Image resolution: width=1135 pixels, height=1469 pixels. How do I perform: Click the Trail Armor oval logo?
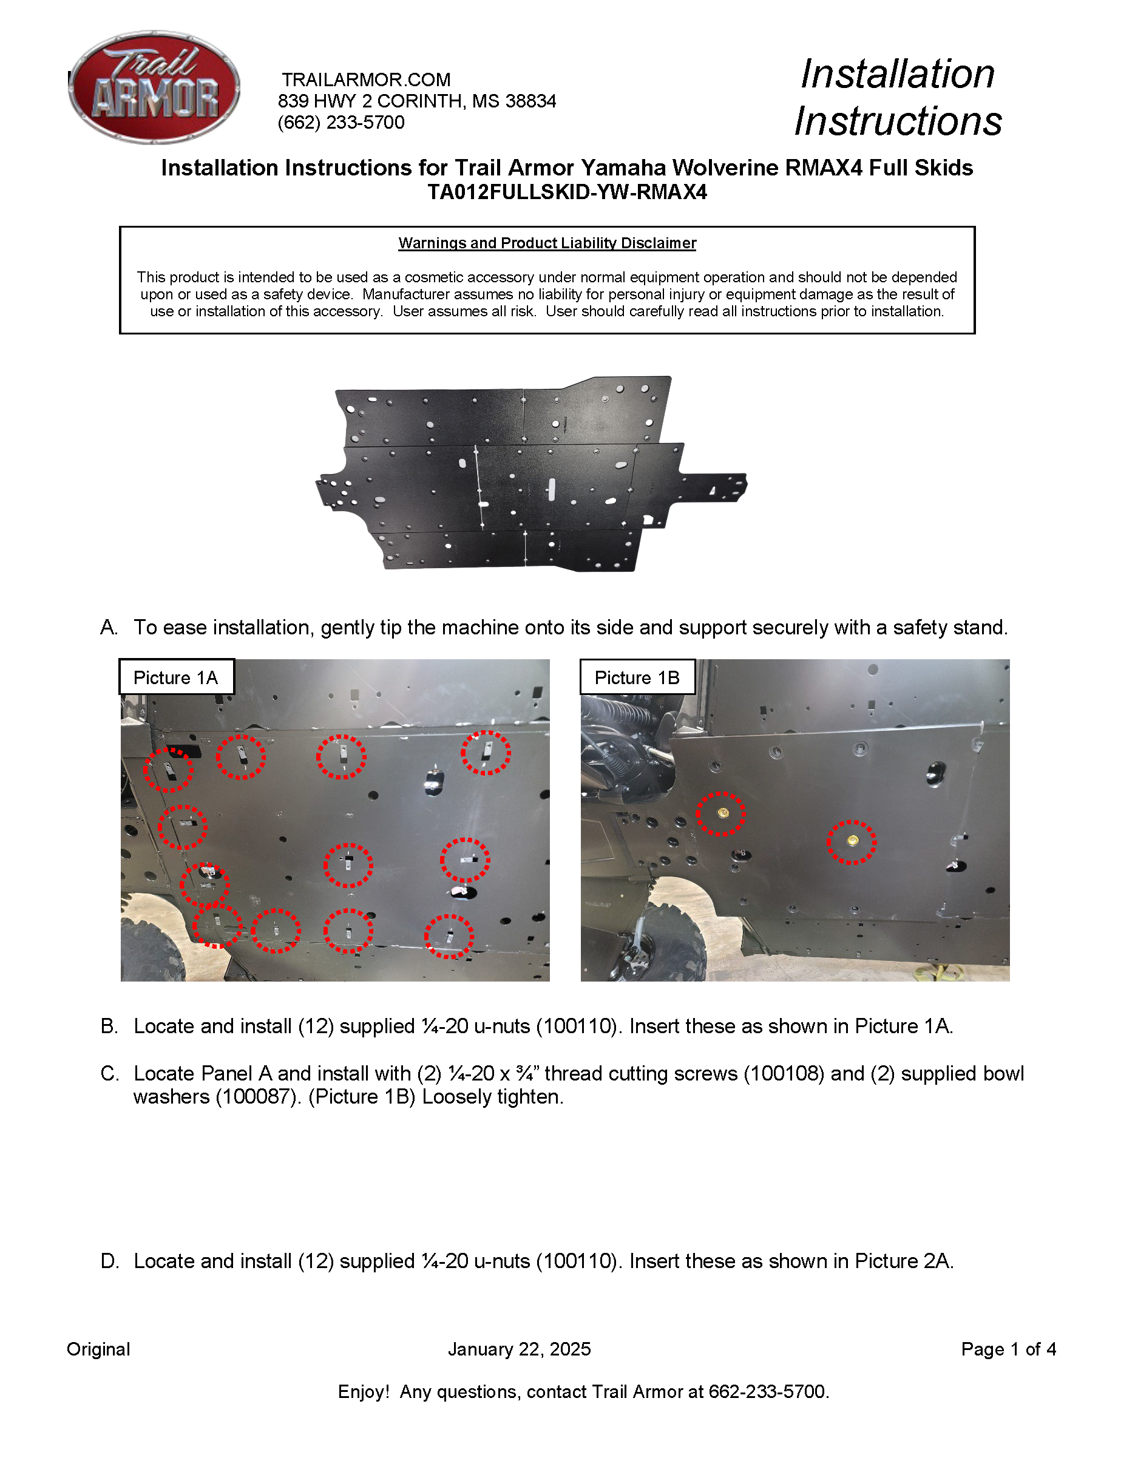click(x=154, y=87)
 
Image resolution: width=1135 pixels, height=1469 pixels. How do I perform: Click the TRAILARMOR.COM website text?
click(x=366, y=80)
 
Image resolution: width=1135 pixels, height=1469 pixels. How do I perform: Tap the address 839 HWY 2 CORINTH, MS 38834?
click(x=416, y=101)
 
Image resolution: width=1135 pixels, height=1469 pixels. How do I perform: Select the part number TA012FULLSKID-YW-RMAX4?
click(x=567, y=192)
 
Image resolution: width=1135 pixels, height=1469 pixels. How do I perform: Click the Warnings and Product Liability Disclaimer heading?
click(x=547, y=243)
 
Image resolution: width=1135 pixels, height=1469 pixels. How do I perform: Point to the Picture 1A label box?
click(x=176, y=677)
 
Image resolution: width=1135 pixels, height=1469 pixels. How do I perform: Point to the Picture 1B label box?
click(x=637, y=677)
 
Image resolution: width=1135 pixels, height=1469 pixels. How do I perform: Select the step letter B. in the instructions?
click(x=109, y=1026)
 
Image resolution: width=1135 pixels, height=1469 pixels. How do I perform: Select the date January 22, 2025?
click(x=519, y=1349)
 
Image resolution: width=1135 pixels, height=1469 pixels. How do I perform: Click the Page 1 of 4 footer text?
click(x=1008, y=1349)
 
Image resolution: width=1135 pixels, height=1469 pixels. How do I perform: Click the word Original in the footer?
click(x=98, y=1349)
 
